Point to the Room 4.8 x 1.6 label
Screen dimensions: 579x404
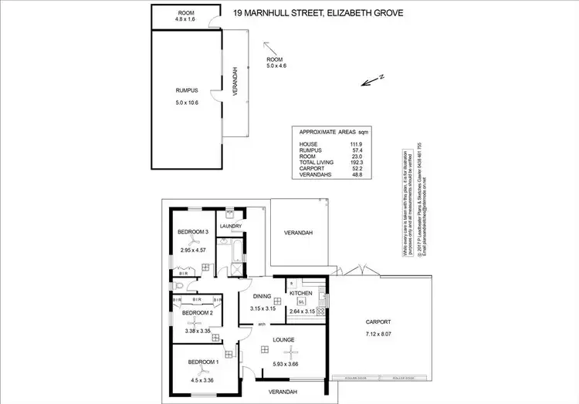[x=186, y=17]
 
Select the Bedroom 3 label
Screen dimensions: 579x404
[x=195, y=232]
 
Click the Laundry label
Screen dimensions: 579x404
[x=232, y=227]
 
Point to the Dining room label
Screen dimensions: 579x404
[x=262, y=295]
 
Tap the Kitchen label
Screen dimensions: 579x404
[x=300, y=294]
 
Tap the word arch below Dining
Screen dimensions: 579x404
[x=262, y=323]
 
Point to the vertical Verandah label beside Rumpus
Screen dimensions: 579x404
[x=235, y=82]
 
